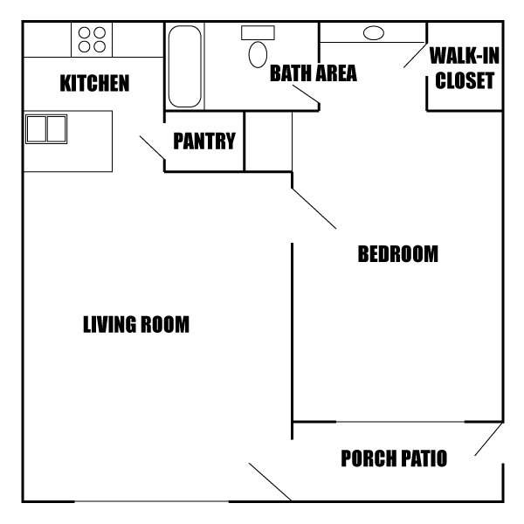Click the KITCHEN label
tap(94, 84)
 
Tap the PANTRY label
tap(204, 141)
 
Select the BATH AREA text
tap(313, 73)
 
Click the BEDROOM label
tap(397, 255)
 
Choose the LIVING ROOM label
tap(136, 325)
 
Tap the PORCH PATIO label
tap(394, 458)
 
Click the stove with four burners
tap(92, 39)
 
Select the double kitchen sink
tap(46, 128)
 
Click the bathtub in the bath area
tap(184, 65)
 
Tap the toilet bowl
tap(258, 54)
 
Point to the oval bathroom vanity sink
tap(373, 33)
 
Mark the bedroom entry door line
tap(314, 209)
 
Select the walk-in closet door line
tap(415, 55)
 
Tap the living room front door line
tap(270, 482)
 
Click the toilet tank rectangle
tap(258, 32)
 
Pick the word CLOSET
tap(465, 82)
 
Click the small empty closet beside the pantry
tap(268, 141)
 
